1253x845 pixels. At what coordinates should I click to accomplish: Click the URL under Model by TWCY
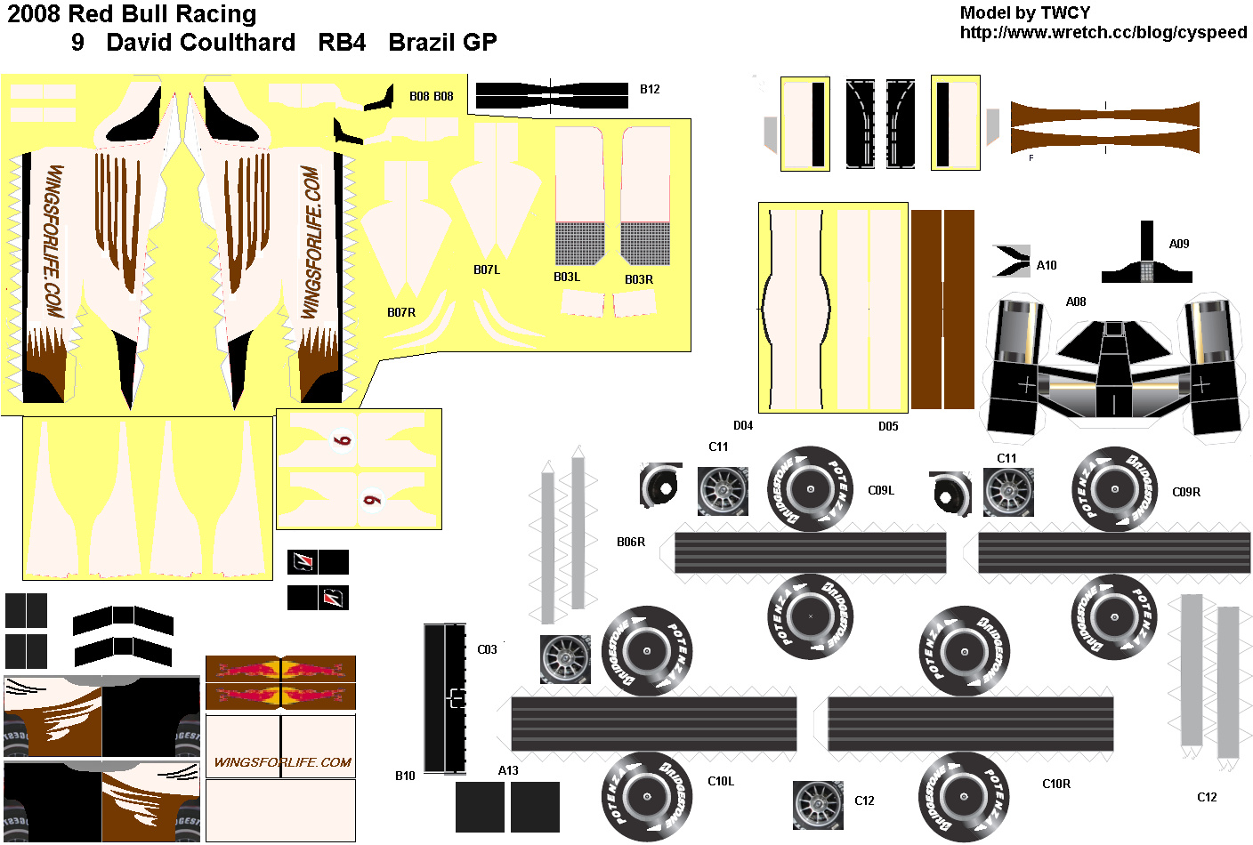[x=1103, y=33]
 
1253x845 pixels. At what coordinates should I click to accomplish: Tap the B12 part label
[x=650, y=89]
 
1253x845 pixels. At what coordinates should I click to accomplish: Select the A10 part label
[x=1047, y=265]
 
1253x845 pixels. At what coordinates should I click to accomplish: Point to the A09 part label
[x=1179, y=244]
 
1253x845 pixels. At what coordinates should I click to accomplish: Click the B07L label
[x=487, y=270]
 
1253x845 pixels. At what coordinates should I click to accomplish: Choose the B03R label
[x=638, y=279]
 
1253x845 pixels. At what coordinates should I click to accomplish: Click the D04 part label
[x=743, y=426]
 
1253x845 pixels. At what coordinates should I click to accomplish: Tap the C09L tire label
[x=881, y=490]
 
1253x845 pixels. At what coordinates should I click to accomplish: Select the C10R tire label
[x=1056, y=784]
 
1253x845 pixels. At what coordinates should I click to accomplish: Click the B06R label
[x=631, y=542]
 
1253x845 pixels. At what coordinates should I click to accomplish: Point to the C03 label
[x=487, y=649]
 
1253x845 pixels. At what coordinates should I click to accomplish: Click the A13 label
[x=508, y=770]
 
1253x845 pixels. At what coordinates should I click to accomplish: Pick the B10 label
[x=405, y=776]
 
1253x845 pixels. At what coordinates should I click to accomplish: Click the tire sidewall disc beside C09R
[x=1114, y=489]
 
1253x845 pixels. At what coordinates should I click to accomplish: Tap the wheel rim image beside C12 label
[x=818, y=805]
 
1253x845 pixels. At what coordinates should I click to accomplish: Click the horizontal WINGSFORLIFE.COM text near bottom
[x=282, y=762]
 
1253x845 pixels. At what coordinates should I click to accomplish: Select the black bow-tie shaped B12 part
[x=552, y=95]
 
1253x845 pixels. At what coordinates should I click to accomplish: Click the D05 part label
[x=888, y=426]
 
